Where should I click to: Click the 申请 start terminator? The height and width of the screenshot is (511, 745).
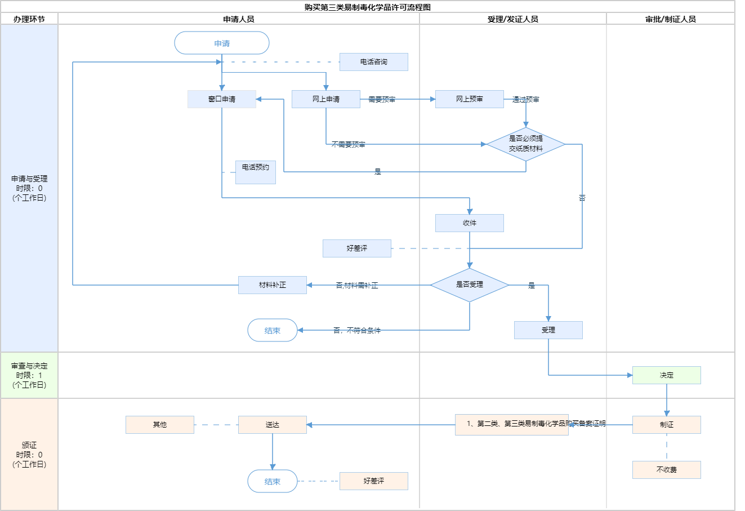pos(222,43)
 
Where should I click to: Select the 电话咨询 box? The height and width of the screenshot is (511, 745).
pos(373,62)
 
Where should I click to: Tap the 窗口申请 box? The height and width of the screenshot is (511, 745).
pos(222,99)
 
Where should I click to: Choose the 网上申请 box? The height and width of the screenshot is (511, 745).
pos(326,99)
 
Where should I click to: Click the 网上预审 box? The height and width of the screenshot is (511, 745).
pos(470,99)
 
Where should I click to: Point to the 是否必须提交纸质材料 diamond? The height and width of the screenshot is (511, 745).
pos(526,144)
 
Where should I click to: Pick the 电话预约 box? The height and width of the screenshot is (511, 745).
pos(256,172)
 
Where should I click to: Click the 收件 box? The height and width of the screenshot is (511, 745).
pos(470,223)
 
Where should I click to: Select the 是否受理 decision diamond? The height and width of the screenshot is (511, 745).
pos(470,285)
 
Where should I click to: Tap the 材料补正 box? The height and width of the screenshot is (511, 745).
pos(273,285)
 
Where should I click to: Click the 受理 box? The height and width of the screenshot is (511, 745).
pos(548,330)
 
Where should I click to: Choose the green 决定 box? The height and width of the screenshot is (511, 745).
pos(667,375)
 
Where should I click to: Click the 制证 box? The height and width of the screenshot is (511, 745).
pos(667,425)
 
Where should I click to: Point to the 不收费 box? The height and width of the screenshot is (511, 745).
pos(667,470)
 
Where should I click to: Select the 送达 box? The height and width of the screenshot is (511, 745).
pos(273,425)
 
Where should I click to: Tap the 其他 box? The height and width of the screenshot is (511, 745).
pos(160,425)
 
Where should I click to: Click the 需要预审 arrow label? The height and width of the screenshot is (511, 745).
pos(382,100)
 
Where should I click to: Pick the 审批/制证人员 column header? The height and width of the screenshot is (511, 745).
pos(671,19)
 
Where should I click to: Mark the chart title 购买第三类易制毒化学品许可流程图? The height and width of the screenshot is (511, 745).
pos(368,7)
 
